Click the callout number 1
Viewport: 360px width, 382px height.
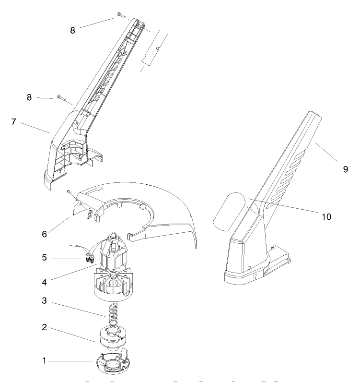click(45, 360)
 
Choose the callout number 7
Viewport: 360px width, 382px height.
click(14, 121)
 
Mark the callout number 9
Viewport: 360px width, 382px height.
click(345, 169)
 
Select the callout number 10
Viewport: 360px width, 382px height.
click(326, 216)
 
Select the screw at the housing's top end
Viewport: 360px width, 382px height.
click(120, 16)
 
